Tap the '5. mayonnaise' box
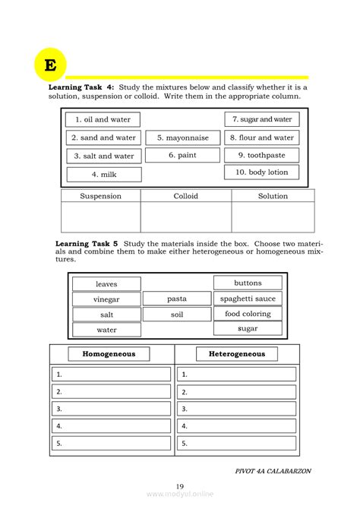pos(182,138)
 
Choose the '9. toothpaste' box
pos(261,155)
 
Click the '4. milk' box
pos(103,174)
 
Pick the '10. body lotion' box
pos(261,172)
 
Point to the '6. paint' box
pos(182,155)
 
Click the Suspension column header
pos(100,196)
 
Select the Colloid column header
pos(185,196)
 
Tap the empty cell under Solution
pos(273,217)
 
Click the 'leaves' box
pos(106,284)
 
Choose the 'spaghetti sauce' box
pos(248,299)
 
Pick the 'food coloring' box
pos(248,314)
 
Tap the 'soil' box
pos(176,314)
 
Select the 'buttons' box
pos(248,283)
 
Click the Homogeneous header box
pos(109,354)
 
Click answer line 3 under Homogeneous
pos(112,409)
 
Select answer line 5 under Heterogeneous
pos(238,443)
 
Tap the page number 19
pos(180,487)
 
